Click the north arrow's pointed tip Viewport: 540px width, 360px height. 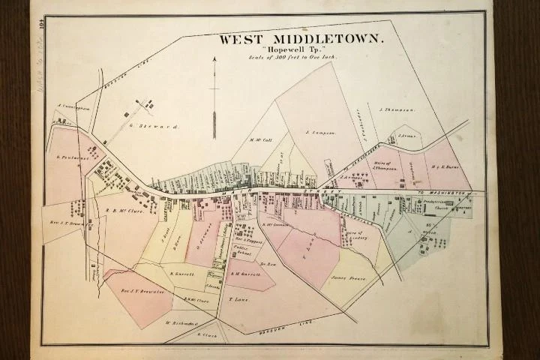214,57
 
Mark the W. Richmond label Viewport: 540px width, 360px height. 176,323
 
